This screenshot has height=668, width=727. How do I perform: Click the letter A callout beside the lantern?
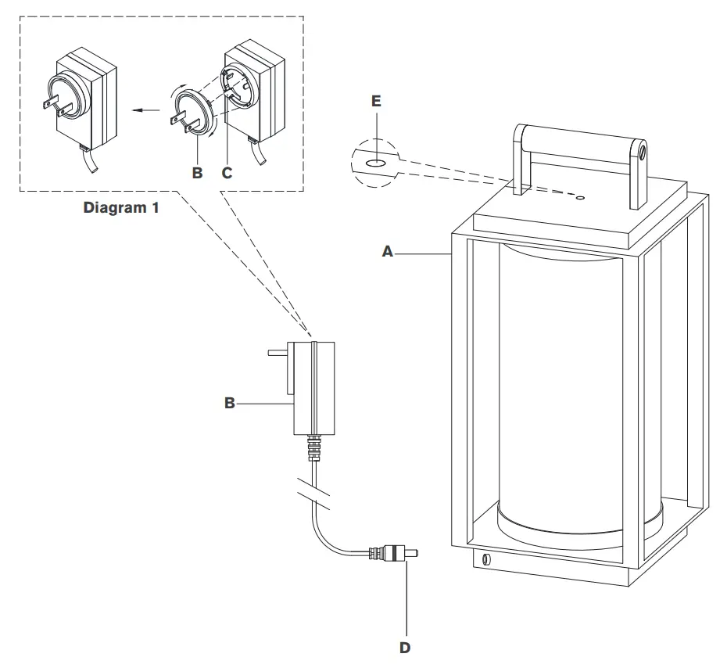(386, 252)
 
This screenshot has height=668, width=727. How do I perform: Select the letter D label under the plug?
(405, 648)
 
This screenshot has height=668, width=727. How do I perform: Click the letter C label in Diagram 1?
(227, 173)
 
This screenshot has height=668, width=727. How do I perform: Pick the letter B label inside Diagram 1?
(197, 173)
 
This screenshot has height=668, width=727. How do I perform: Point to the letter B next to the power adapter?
(230, 403)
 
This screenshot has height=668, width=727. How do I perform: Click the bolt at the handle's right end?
(642, 149)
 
